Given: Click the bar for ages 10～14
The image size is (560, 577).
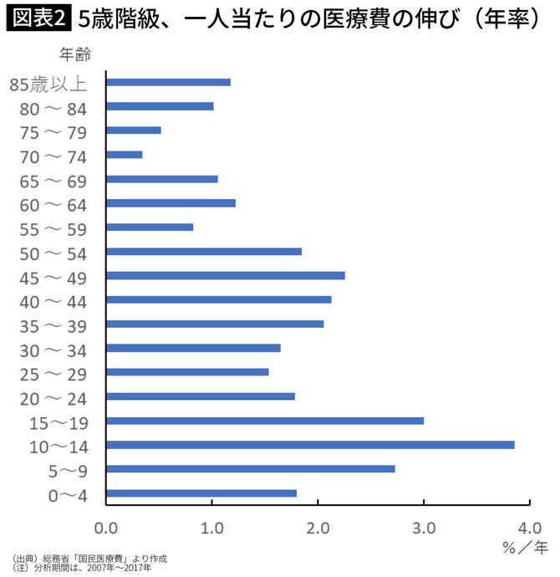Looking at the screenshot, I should [310, 445].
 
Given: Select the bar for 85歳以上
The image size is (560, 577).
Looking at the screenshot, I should [168, 82].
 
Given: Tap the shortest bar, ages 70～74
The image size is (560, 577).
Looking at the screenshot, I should [125, 155].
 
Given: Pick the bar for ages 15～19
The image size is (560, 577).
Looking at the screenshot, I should [265, 421].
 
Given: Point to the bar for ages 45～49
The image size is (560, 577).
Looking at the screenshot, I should [226, 275].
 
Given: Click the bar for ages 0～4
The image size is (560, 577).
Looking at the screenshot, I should [201, 493].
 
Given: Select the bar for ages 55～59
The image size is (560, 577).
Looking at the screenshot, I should [150, 227].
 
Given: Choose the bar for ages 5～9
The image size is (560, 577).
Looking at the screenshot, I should [251, 469].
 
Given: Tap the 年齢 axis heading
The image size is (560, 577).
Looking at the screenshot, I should [76, 55].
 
